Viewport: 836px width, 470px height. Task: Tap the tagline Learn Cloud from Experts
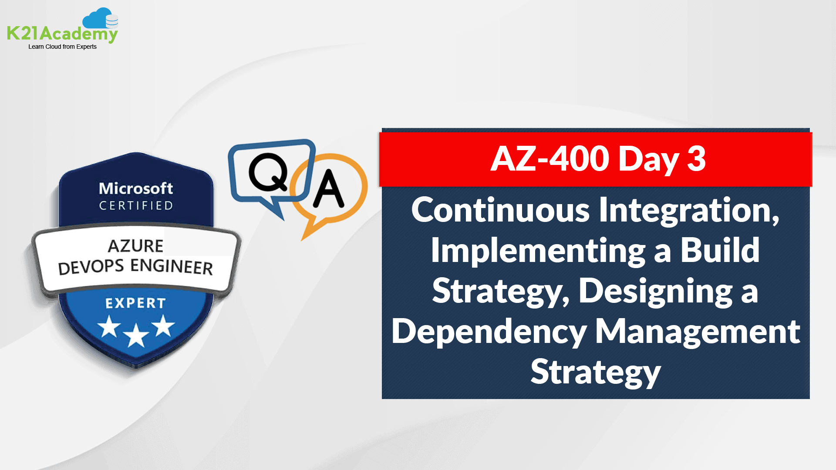[x=62, y=47]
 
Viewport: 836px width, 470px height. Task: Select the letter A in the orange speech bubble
[x=328, y=189]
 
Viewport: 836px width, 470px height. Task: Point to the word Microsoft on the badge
[x=136, y=188]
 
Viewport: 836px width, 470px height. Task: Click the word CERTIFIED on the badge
[x=136, y=205]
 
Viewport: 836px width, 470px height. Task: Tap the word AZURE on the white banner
[x=135, y=246]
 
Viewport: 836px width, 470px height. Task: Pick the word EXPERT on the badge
[x=135, y=303]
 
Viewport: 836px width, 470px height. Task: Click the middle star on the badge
[x=136, y=335]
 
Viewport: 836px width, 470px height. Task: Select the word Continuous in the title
[x=500, y=210]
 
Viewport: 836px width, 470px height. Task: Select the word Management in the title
[x=697, y=331]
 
